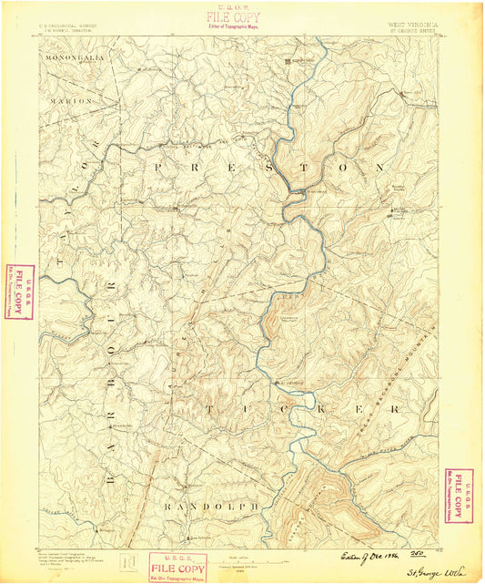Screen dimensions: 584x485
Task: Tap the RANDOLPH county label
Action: point(212,505)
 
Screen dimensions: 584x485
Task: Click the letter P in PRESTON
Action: point(160,168)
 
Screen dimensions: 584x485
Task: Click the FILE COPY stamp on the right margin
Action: point(459,497)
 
